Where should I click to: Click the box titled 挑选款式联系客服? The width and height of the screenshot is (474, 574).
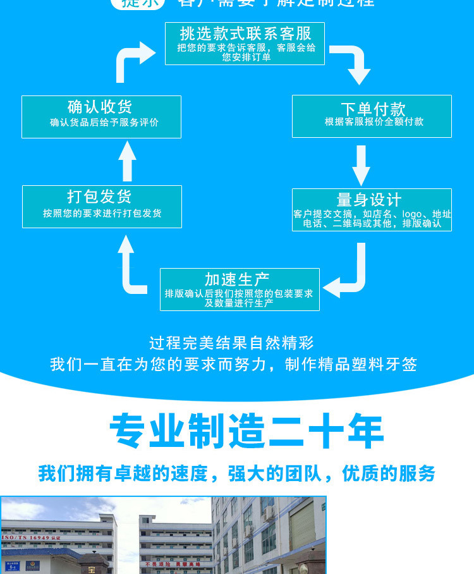(x=245, y=44)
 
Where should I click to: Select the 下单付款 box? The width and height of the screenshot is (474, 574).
(x=372, y=116)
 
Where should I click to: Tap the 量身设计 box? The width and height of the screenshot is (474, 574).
(x=372, y=209)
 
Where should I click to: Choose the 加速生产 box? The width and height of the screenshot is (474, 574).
(x=240, y=289)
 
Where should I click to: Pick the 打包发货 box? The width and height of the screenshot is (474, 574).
(x=102, y=206)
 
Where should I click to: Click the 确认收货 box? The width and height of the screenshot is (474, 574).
(x=101, y=116)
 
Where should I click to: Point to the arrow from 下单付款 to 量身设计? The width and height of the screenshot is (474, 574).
(x=361, y=166)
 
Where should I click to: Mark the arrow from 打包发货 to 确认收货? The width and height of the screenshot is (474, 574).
(x=128, y=161)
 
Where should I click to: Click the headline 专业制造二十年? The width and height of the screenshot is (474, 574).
(x=246, y=432)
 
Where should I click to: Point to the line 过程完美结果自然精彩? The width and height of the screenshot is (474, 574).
(x=231, y=343)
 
